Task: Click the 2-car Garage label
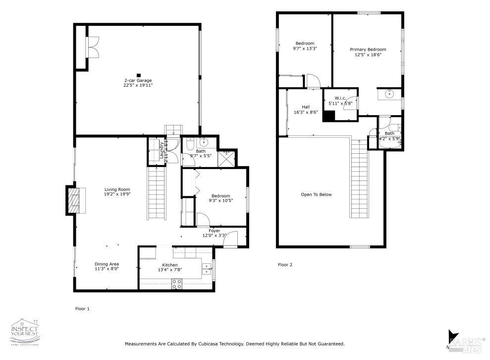pyautogui.click(x=138, y=80)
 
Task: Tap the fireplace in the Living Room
pyautogui.click(x=73, y=200)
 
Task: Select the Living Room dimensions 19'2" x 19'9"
pyautogui.click(x=117, y=194)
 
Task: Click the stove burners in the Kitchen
pyautogui.click(x=176, y=284)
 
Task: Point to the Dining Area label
pyautogui.click(x=107, y=264)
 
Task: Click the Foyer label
pyautogui.click(x=214, y=231)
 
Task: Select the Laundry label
pyautogui.click(x=162, y=150)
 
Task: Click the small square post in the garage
pyautogui.click(x=139, y=75)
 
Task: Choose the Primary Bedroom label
pyautogui.click(x=368, y=50)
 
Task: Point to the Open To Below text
pyautogui.click(x=316, y=194)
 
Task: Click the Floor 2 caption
pyautogui.click(x=284, y=265)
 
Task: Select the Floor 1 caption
pyautogui.click(x=82, y=308)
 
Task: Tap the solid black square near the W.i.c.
pyautogui.click(x=328, y=116)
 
